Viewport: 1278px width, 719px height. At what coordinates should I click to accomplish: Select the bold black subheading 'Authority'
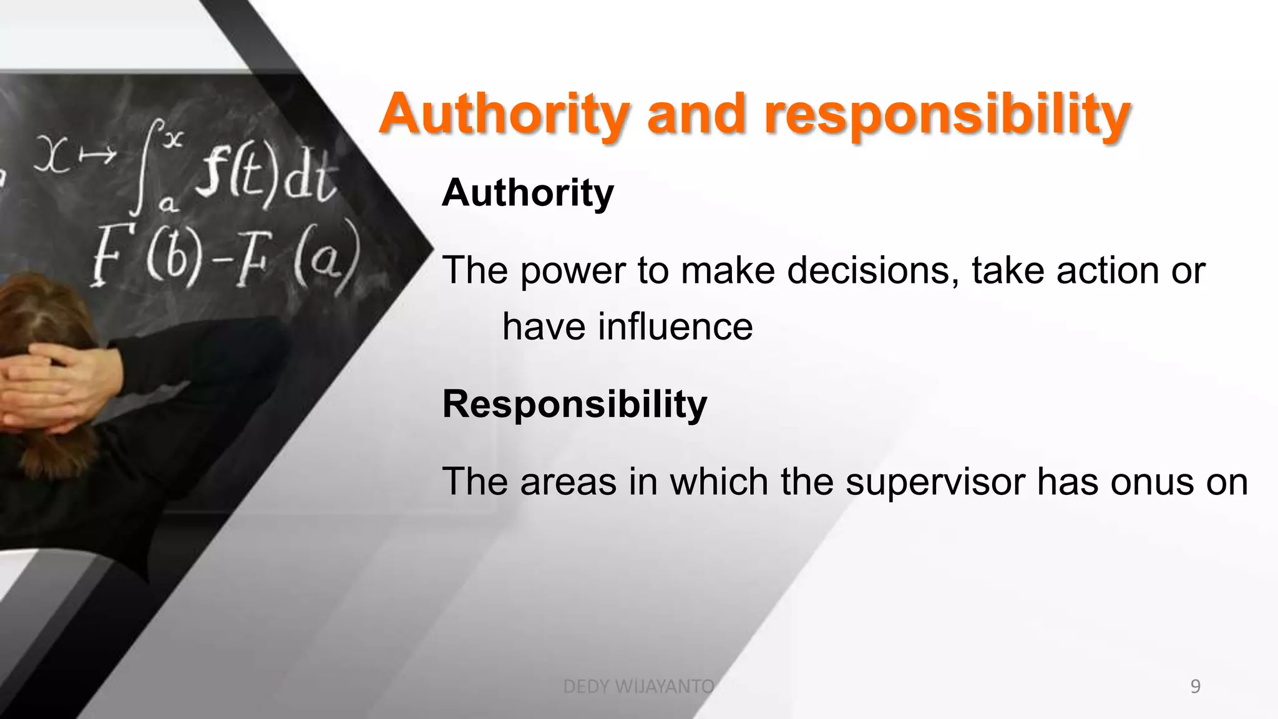pyautogui.click(x=528, y=193)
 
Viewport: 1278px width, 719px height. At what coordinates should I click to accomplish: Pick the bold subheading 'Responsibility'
pyautogui.click(x=575, y=404)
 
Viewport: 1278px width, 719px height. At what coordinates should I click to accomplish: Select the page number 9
pyautogui.click(x=1195, y=687)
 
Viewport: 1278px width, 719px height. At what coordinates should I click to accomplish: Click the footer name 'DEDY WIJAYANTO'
pyautogui.click(x=638, y=687)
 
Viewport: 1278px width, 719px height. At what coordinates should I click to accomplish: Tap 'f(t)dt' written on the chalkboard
pyautogui.click(x=265, y=178)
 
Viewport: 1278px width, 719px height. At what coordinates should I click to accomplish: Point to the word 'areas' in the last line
pyautogui.click(x=568, y=482)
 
